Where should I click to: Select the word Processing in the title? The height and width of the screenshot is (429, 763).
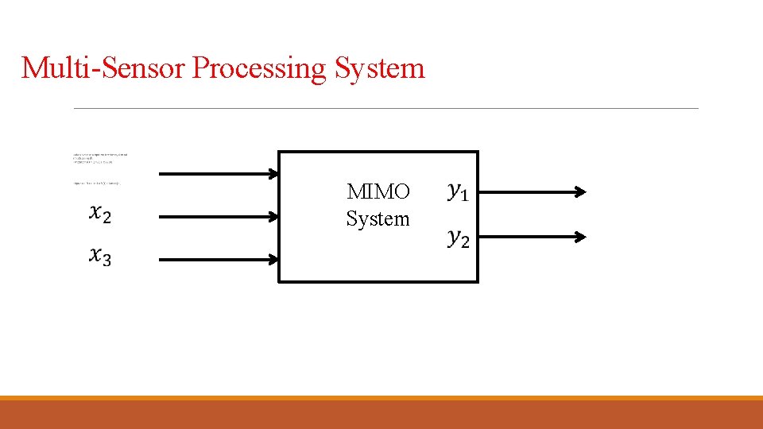[x=259, y=69]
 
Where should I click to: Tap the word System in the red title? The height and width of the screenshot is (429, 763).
[x=379, y=68]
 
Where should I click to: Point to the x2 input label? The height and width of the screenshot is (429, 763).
[x=100, y=214]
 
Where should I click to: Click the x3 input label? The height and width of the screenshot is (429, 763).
[x=100, y=257]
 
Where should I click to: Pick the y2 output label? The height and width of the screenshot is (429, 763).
[x=458, y=237]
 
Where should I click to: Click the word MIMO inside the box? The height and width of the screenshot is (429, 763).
[x=378, y=192]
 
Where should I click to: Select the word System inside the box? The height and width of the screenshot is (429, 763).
[x=378, y=218]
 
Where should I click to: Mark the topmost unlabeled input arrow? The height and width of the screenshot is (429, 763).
[x=215, y=174]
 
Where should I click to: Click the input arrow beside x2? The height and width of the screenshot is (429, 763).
[x=215, y=215]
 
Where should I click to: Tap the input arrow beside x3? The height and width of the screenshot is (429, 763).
[x=215, y=258]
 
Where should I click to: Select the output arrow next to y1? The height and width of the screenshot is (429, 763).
[x=529, y=191]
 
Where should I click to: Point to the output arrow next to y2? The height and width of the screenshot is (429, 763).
[x=529, y=237]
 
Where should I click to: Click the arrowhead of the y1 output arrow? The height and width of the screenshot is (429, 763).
[x=581, y=191]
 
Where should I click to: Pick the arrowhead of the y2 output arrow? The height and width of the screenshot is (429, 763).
[x=581, y=237]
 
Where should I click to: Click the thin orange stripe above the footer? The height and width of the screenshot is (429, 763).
[x=381, y=398]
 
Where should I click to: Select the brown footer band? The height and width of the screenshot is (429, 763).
[x=381, y=415]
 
